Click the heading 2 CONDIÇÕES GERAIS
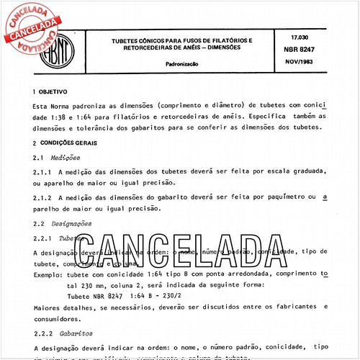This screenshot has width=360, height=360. coord(68,143)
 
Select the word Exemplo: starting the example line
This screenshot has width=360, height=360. coord(49,275)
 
